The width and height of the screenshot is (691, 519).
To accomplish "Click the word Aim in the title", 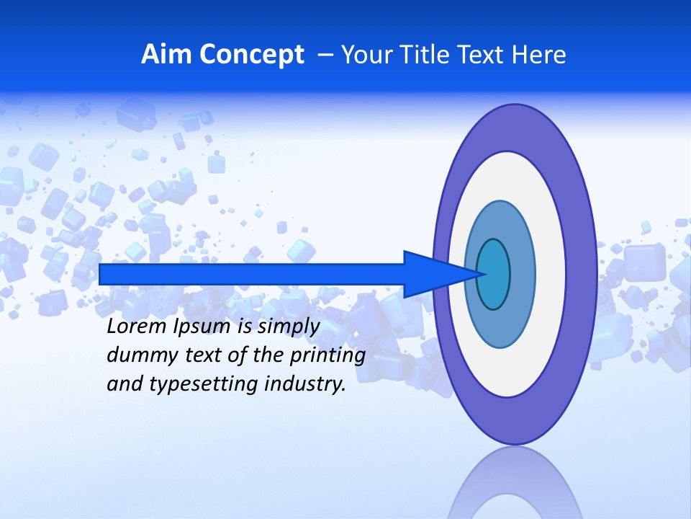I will pyautogui.click(x=166, y=55).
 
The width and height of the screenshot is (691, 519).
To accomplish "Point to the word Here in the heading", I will pyautogui.click(x=538, y=55).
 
